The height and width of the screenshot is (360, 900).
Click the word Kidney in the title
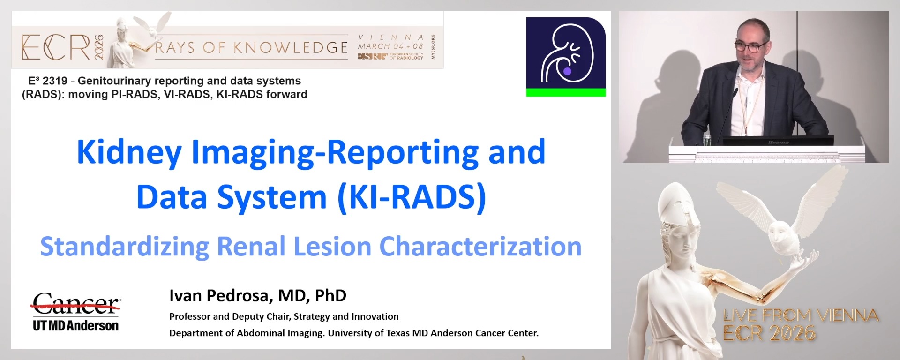(x=129, y=153)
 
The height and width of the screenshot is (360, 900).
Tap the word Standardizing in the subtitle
(x=124, y=247)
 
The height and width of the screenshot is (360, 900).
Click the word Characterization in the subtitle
(x=480, y=247)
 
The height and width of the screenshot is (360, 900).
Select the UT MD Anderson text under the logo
(x=75, y=326)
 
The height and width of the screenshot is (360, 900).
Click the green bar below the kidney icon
(x=566, y=92)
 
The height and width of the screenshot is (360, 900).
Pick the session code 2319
(x=55, y=81)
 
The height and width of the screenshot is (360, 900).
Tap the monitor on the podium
(x=778, y=140)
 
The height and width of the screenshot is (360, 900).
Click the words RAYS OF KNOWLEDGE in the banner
(x=252, y=47)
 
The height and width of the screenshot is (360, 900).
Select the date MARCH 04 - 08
(x=390, y=46)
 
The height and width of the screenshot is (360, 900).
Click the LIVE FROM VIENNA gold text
(x=801, y=315)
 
